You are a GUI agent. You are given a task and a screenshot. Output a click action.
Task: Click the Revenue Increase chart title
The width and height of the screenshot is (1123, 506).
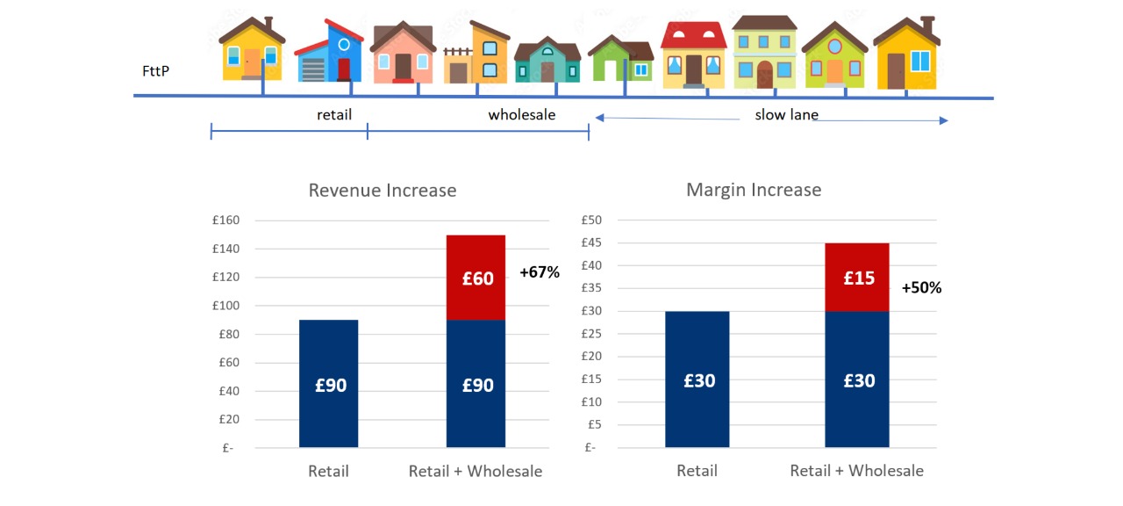383,191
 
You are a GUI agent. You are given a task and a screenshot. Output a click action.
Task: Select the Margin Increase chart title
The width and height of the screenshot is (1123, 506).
754,190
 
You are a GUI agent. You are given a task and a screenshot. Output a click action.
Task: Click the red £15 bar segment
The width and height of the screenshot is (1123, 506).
858,278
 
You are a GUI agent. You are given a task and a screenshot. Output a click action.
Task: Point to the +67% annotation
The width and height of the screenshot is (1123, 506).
539,272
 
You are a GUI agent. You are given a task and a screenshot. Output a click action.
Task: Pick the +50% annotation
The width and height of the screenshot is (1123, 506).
921,287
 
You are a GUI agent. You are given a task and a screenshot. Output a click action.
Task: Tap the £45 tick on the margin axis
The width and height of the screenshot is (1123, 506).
592,243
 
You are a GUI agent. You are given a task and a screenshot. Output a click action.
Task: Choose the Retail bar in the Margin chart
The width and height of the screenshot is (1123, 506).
697,379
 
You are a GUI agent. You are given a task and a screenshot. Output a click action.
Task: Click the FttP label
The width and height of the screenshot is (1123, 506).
154,70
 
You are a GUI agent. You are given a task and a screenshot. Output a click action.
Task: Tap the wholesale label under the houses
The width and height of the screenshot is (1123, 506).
522,115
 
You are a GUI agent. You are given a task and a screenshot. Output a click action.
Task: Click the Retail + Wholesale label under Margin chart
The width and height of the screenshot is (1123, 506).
856,471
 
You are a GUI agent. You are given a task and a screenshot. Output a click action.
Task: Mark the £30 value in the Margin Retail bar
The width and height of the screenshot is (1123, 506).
697,381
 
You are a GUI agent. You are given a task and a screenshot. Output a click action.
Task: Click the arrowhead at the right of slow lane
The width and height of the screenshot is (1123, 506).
944,120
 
